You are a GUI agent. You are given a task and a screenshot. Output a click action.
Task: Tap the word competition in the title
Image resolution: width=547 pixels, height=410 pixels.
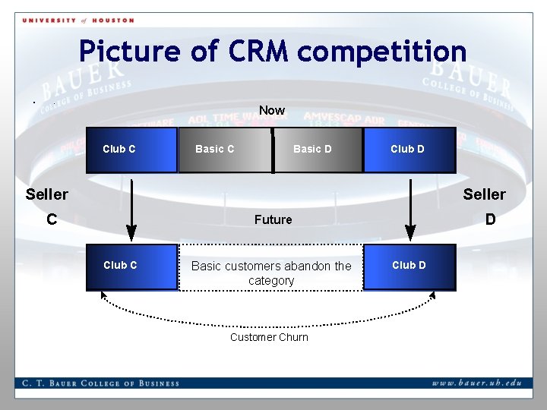coord(382,52)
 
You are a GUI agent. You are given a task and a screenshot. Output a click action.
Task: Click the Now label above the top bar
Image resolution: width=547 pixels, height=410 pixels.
coord(272,111)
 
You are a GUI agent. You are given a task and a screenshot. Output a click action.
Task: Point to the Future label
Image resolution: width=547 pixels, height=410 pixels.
coord(273,219)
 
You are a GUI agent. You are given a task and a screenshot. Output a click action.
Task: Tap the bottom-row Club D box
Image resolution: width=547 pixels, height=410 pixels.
coord(409,266)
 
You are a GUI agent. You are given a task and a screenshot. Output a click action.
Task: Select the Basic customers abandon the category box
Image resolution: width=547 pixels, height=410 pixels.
coord(271,273)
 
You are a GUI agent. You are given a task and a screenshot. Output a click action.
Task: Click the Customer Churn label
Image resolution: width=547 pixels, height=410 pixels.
coord(269,337)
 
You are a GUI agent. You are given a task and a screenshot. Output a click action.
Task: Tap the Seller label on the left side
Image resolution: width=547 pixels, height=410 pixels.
coord(46,194)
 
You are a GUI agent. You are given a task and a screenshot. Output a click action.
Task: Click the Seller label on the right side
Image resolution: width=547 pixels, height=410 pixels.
coord(484,194)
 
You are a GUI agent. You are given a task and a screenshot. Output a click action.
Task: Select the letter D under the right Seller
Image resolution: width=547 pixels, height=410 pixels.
coord(490,219)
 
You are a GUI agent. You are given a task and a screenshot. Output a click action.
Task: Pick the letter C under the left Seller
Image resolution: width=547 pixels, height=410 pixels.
coord(51,219)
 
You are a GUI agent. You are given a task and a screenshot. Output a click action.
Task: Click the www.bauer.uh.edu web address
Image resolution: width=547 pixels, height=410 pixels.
coord(477,383)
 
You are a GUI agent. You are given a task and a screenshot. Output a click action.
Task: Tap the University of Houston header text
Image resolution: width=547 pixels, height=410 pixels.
coord(78,20)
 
